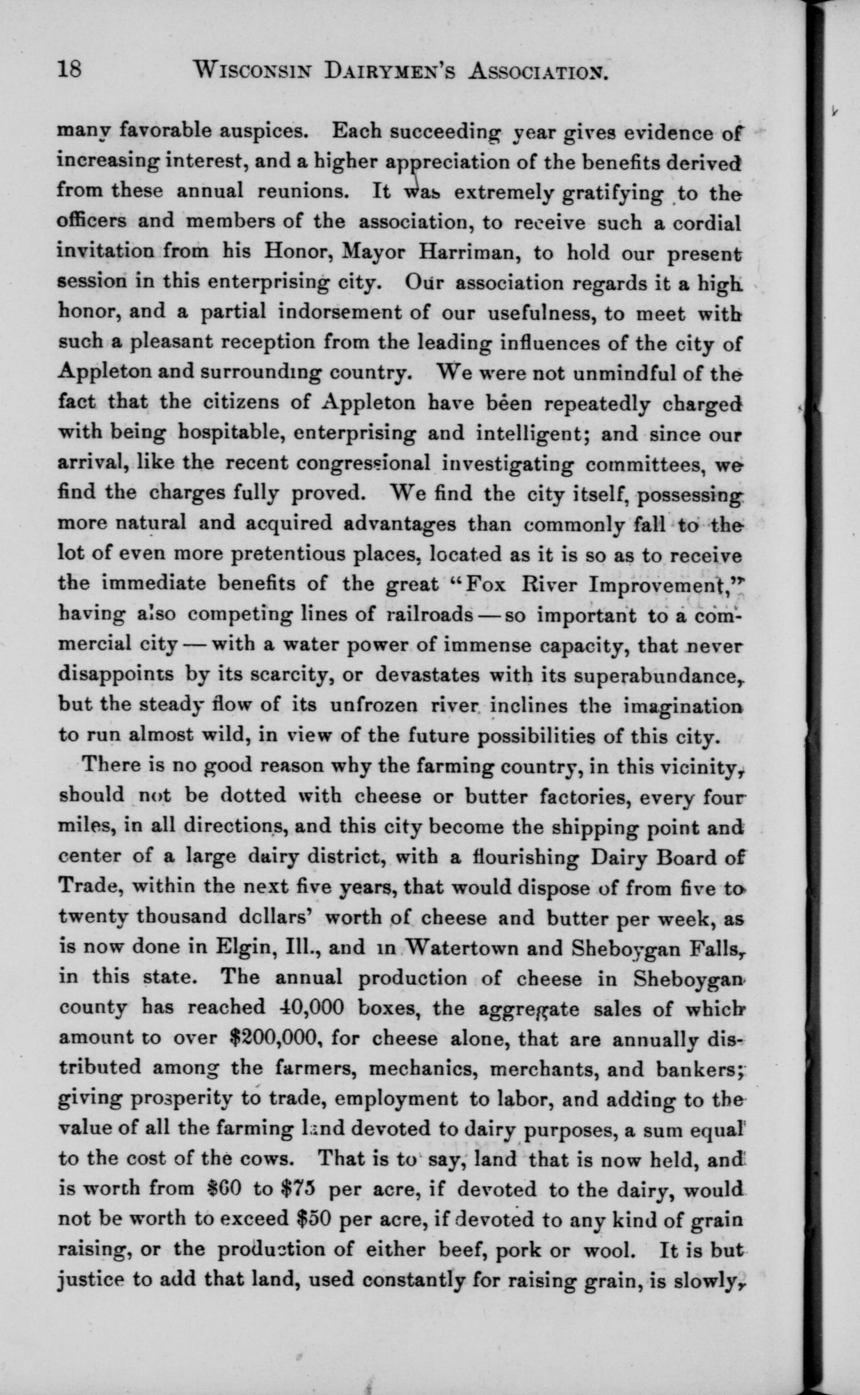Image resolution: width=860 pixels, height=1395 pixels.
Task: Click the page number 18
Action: pyautogui.click(x=70, y=70)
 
